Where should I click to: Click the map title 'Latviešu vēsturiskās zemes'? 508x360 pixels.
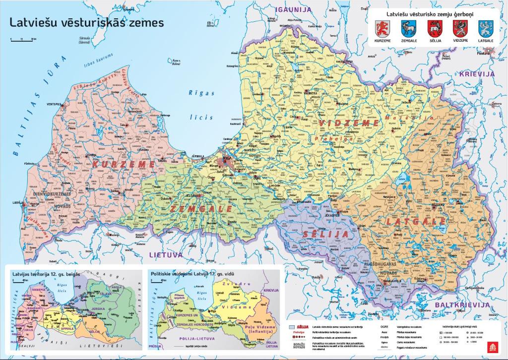click(x=87, y=23)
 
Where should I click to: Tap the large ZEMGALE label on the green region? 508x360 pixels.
click(x=201, y=209)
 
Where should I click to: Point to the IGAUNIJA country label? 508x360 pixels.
click(x=294, y=9)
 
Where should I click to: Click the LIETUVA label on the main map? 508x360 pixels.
click(x=166, y=254)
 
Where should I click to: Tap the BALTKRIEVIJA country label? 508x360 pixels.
click(x=461, y=305)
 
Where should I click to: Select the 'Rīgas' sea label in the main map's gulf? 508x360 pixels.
click(x=201, y=93)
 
